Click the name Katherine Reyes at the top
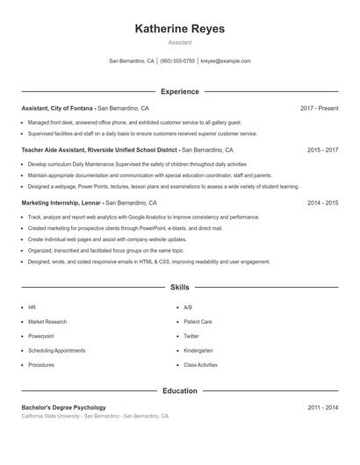point(179,29)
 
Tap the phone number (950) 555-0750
point(177,61)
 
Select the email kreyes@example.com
point(226,61)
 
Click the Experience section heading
point(179,91)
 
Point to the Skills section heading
point(179,287)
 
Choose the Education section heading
point(179,390)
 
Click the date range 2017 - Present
point(319,108)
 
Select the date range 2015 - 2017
point(322,150)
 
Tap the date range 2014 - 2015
point(322,203)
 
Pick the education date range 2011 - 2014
point(322,407)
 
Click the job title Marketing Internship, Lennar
point(61,203)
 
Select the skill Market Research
point(47,322)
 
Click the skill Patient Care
point(198,322)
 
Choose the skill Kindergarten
point(198,350)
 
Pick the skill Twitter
point(191,336)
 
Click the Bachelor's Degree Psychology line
point(63,407)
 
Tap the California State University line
point(95,415)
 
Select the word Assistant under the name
point(179,42)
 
